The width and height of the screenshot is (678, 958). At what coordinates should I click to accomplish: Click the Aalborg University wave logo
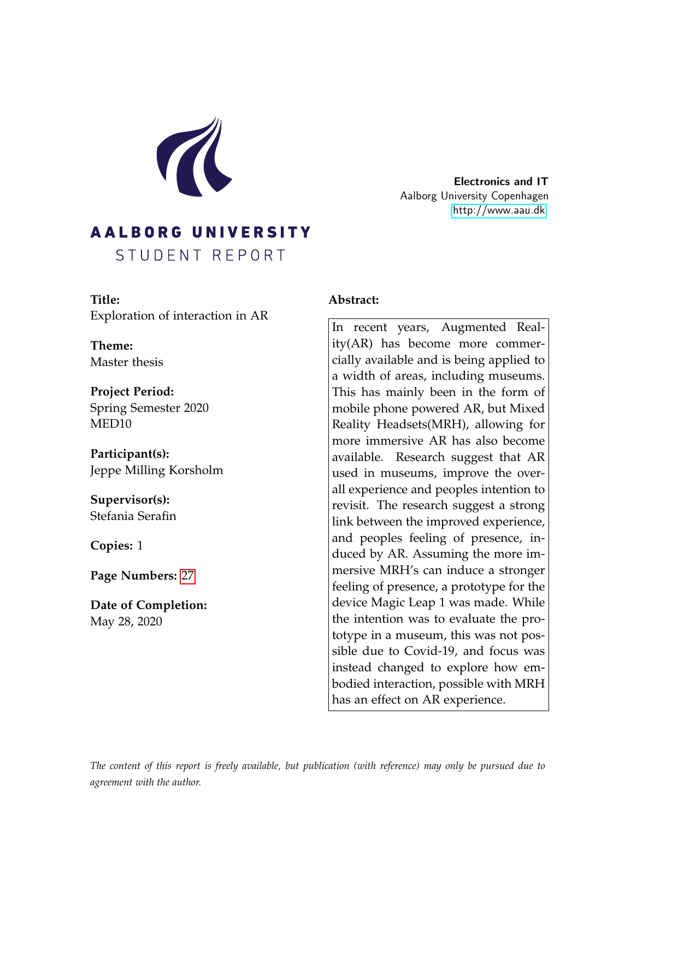pyautogui.click(x=194, y=157)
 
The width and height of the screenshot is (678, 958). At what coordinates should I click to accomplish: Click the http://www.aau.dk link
pyautogui.click(x=499, y=210)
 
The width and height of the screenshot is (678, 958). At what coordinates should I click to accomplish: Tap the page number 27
pyautogui.click(x=187, y=576)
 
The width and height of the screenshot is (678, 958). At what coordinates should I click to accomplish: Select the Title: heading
pyautogui.click(x=105, y=299)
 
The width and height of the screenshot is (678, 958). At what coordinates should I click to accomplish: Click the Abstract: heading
pyautogui.click(x=353, y=299)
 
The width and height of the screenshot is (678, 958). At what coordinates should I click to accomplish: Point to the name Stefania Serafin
pyautogui.click(x=133, y=516)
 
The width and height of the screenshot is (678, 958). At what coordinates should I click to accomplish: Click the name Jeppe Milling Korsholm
pyautogui.click(x=156, y=470)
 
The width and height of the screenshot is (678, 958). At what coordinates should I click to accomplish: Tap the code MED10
pyautogui.click(x=110, y=423)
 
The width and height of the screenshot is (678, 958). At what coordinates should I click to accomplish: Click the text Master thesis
pyautogui.click(x=126, y=362)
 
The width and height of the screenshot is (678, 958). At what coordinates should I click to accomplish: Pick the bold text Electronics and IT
pyautogui.click(x=500, y=181)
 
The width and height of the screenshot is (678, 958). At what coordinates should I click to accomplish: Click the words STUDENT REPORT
pyautogui.click(x=201, y=255)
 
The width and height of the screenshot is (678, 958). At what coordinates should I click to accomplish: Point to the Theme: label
pyautogui.click(x=111, y=345)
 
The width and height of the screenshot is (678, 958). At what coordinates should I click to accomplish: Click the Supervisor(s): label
pyautogui.click(x=129, y=499)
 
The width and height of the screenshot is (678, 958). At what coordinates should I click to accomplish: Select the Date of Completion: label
pyautogui.click(x=148, y=605)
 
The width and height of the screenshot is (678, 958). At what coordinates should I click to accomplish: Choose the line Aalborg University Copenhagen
pyautogui.click(x=474, y=196)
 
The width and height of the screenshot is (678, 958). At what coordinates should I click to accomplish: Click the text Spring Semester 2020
pyautogui.click(x=149, y=407)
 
